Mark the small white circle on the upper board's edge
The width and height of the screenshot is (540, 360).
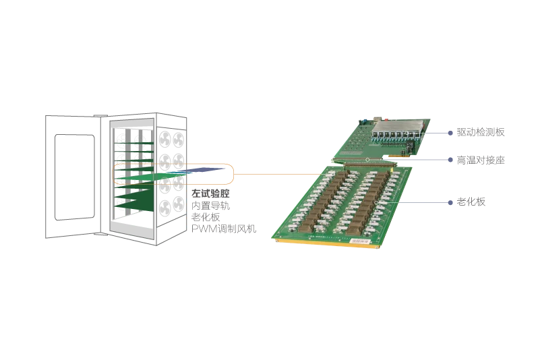coord(367,158)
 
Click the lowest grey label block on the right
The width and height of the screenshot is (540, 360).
coord(469,202)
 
